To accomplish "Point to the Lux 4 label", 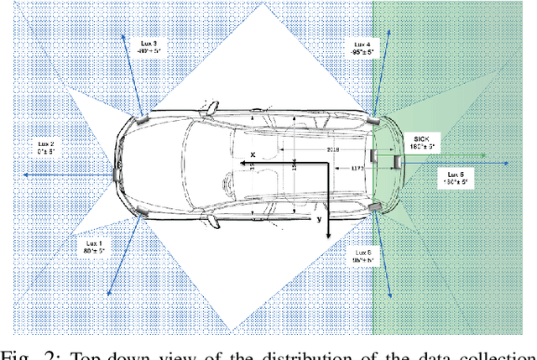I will tap(362, 44).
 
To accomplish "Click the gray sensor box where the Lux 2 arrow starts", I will tap(115, 174).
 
